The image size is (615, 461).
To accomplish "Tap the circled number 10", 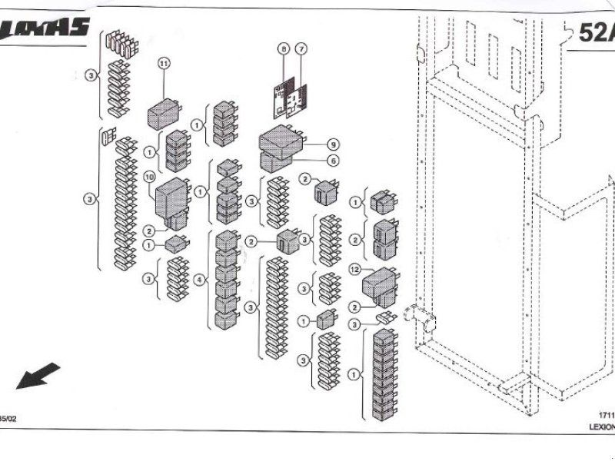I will click(150, 177).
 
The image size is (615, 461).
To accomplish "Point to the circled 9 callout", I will click(332, 144).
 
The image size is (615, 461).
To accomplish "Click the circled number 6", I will click(332, 161).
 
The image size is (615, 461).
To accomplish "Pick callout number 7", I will click(302, 49).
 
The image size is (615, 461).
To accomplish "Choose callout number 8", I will click(284, 49).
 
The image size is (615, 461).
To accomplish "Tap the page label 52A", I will click(597, 35).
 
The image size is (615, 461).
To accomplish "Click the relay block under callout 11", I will click(164, 113).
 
